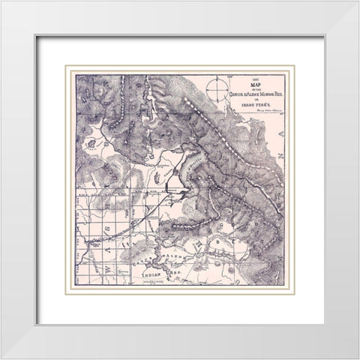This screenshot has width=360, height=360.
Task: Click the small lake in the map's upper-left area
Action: pyautogui.click(x=91, y=142)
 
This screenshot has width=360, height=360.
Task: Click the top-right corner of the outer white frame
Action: pyautogui.click(x=346, y=13)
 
